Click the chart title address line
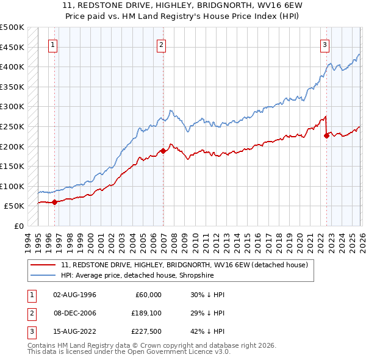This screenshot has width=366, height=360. click(183, 5)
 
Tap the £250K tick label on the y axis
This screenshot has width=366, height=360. click(12, 126)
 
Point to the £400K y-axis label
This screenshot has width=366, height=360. click(12, 67)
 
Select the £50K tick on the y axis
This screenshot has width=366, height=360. click(15, 206)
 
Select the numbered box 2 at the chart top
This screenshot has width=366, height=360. click(162, 44)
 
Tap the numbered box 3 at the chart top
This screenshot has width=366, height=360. click(325, 44)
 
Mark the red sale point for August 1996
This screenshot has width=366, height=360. click(54, 202)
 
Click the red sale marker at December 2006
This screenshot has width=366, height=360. click(163, 151)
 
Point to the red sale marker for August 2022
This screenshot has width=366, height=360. click(326, 135)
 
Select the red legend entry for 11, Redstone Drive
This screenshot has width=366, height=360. click(188, 265)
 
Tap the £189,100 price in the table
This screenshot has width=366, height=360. click(146, 314)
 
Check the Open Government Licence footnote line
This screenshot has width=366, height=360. click(129, 352)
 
